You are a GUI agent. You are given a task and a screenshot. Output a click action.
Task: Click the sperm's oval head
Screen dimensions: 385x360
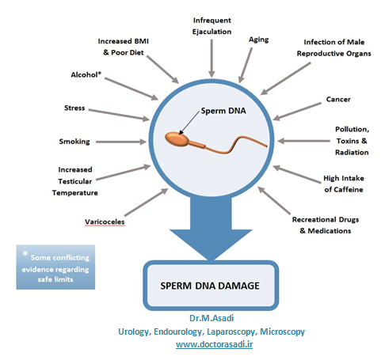[x=177, y=138]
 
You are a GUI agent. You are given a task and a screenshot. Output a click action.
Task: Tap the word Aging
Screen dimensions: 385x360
[x=258, y=40]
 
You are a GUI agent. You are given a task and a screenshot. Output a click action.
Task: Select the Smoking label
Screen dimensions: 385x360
[x=74, y=142]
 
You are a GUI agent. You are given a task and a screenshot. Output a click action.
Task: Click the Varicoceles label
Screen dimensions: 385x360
[x=105, y=222]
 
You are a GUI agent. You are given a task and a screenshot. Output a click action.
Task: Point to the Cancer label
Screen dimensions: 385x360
[x=338, y=100]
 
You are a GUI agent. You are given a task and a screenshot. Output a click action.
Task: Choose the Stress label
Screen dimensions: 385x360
[x=74, y=108]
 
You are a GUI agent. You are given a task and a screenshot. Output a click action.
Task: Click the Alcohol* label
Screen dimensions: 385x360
[x=86, y=74]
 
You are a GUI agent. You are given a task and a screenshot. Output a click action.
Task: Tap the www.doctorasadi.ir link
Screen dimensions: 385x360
[x=214, y=344]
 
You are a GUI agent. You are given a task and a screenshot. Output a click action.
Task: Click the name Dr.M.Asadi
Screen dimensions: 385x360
[x=212, y=318]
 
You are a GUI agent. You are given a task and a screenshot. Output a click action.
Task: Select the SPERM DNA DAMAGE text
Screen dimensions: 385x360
[x=210, y=286]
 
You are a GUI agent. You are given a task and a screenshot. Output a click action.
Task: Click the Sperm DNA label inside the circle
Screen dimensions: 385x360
[x=223, y=111]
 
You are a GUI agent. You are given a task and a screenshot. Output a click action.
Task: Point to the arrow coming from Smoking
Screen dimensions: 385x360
[x=120, y=142]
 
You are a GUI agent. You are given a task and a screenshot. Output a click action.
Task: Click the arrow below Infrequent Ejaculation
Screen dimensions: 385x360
[x=212, y=59]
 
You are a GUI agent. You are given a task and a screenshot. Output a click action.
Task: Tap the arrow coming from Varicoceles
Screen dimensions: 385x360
[x=146, y=203]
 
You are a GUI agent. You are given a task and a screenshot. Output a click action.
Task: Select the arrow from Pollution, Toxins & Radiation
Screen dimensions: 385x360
[x=303, y=141]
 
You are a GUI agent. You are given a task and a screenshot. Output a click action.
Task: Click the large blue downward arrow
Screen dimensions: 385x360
[x=211, y=227]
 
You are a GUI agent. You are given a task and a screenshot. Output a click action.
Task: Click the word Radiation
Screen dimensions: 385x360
[x=352, y=153]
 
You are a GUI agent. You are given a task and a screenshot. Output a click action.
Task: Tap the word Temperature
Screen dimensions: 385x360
[x=75, y=193]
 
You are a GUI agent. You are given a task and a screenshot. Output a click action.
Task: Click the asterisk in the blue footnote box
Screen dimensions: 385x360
[x=25, y=254]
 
